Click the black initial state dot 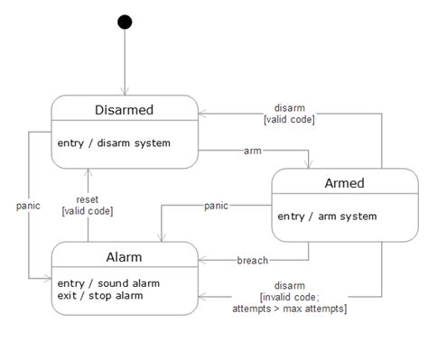125,22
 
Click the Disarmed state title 124,110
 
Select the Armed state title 344,183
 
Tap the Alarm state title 124,256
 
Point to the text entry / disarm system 113,143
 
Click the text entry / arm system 326,216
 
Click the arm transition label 253,151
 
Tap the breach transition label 252,261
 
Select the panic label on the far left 29,205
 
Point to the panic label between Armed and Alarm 215,206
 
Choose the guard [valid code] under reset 88,210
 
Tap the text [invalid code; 289,297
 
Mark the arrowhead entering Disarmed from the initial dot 125,91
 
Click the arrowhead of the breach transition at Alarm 202,261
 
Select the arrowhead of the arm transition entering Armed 308,163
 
